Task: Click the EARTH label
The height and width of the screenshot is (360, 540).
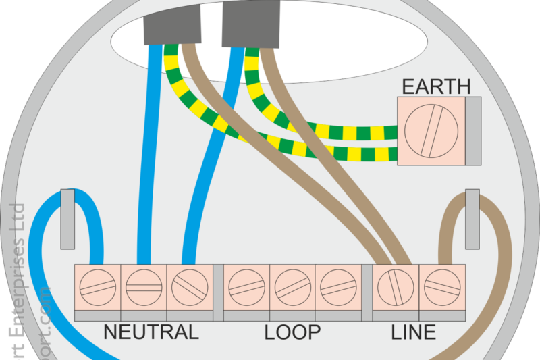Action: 436,87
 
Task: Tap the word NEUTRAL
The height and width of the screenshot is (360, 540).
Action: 151,332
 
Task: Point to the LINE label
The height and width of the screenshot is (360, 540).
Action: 414,332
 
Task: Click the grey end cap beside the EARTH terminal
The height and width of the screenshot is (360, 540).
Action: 474,131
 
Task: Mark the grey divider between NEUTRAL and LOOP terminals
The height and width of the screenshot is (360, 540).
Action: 218,292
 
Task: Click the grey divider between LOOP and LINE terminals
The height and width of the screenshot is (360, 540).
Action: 367,292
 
